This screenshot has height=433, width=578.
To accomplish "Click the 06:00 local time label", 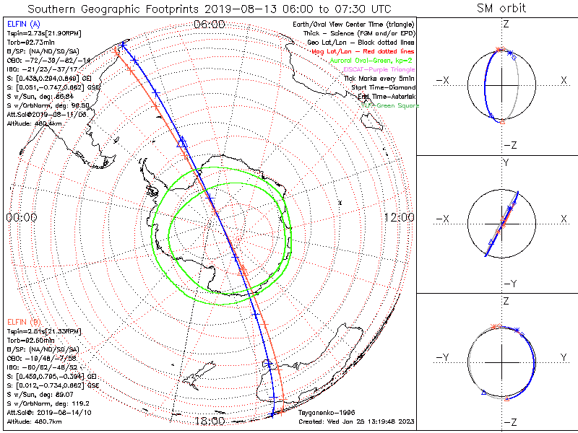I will click(x=209, y=24).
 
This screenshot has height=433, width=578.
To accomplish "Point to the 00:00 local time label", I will click(x=22, y=217).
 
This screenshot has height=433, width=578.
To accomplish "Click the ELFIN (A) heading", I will click(x=23, y=25).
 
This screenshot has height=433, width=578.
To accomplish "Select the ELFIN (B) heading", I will click(x=23, y=320).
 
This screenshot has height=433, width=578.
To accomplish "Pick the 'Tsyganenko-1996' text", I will click(x=323, y=413).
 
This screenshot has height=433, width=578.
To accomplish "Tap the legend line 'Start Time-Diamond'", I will click(x=382, y=87).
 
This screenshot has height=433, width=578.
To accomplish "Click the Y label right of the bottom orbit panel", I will click(x=562, y=357).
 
